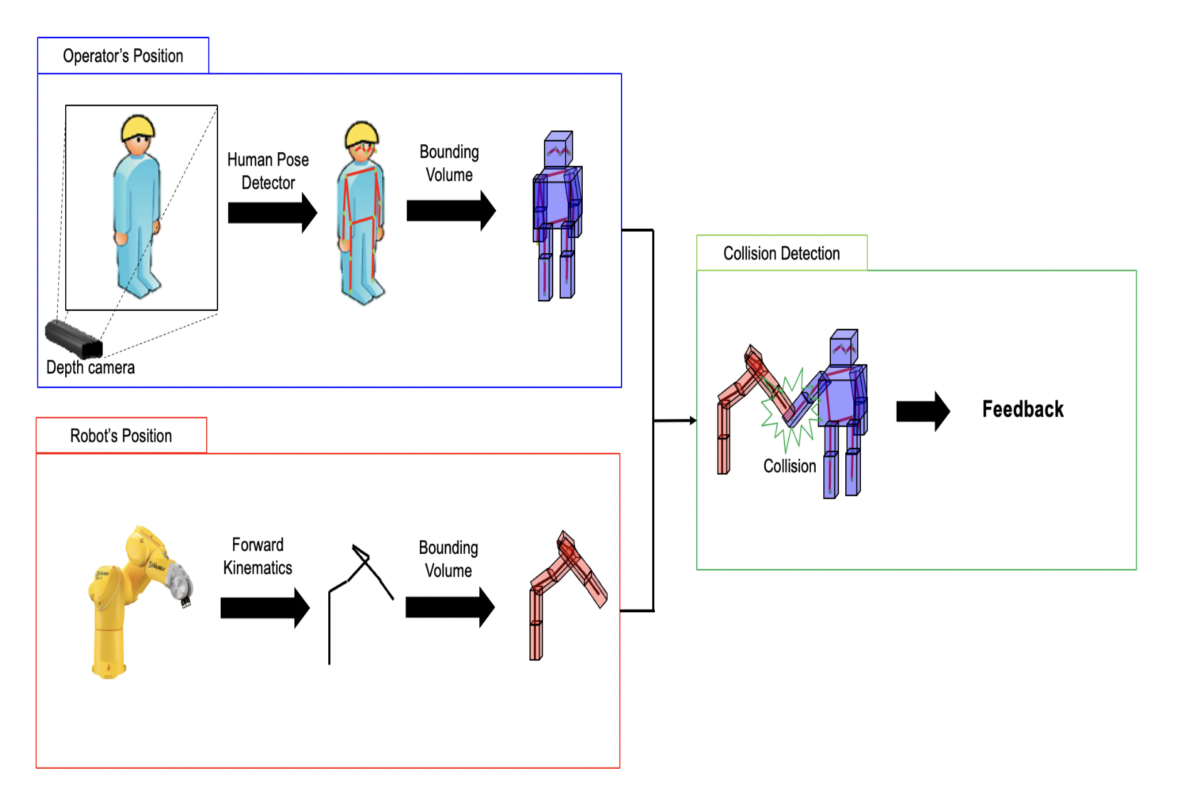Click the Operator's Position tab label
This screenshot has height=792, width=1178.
123,56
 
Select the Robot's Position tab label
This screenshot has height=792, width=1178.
121,435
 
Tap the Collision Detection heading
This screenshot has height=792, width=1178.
781,253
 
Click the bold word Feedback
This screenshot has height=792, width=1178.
1023,409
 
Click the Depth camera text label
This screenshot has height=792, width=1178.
90,367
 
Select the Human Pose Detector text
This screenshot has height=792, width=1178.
268,170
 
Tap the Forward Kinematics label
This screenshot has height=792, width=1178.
258,556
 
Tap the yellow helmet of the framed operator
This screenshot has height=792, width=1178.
138,127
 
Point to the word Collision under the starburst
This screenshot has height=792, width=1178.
789,466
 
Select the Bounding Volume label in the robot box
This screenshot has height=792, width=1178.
448,559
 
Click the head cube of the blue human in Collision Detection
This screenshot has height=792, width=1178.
843,346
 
